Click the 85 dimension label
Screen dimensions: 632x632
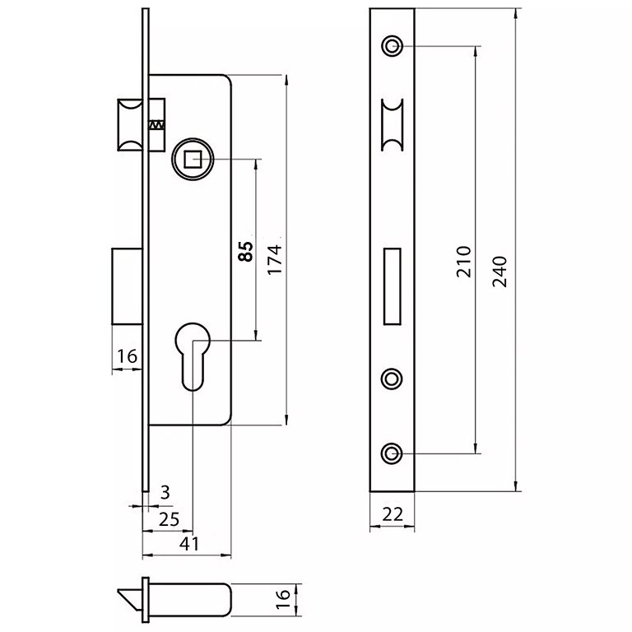[x=244, y=250]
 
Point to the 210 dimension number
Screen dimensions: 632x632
[x=463, y=261]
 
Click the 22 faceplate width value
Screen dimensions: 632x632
[x=393, y=514]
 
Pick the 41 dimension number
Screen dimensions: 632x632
[x=189, y=544]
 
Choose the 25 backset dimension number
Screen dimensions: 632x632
[x=169, y=518]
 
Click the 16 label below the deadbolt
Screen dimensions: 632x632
[x=126, y=355]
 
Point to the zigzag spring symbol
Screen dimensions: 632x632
[x=156, y=124]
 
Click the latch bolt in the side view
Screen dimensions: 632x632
[x=130, y=124]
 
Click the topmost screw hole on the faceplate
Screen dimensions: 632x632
[x=393, y=44]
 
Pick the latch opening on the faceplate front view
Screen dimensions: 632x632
[x=393, y=124]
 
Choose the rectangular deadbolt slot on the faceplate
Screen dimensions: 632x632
[x=393, y=285]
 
